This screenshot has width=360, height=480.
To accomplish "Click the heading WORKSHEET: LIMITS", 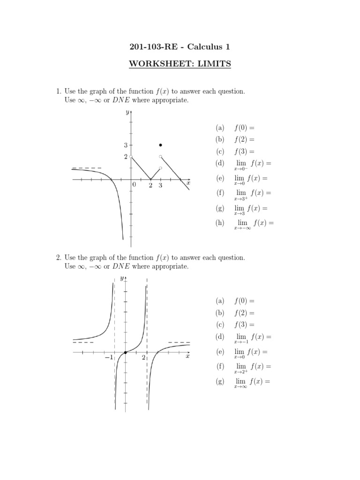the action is click(x=180, y=64).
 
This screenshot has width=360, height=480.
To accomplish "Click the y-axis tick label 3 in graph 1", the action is click(x=126, y=146).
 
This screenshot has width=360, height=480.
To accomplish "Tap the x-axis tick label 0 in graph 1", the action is click(x=134, y=186).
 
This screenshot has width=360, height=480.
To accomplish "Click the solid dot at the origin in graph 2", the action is click(x=125, y=352).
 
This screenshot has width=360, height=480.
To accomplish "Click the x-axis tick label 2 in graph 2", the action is click(x=143, y=358).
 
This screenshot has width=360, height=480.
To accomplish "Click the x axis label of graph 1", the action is click(x=188, y=183).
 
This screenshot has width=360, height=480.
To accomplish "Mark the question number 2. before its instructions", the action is click(x=59, y=258).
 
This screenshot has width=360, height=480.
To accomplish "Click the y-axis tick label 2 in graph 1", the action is click(x=126, y=157).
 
